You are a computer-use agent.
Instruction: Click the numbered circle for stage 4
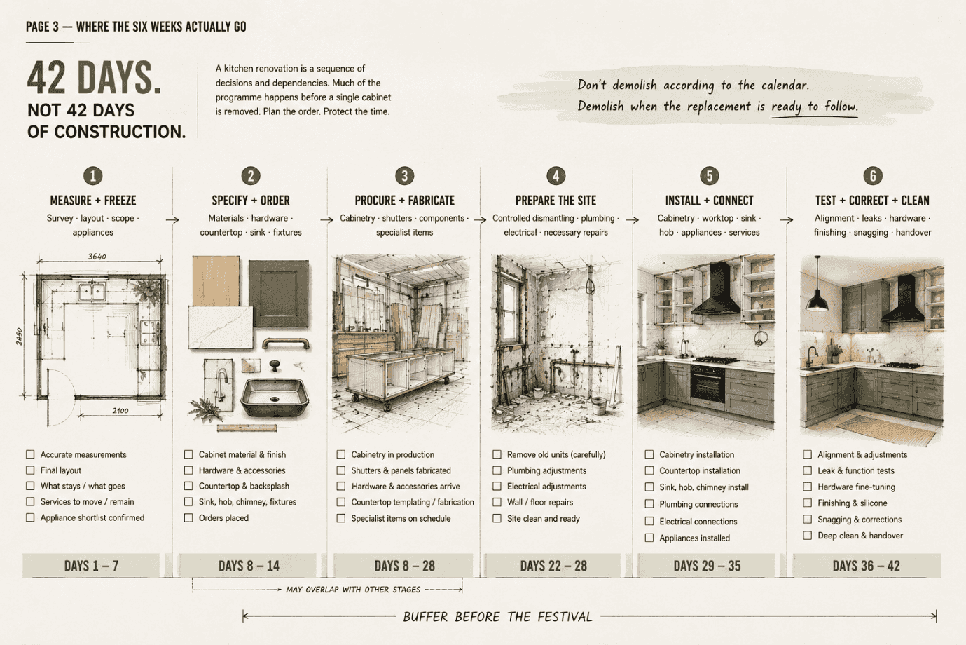pyautogui.click(x=556, y=176)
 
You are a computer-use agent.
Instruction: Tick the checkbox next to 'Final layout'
pyautogui.click(x=30, y=470)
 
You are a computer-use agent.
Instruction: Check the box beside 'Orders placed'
pyautogui.click(x=188, y=517)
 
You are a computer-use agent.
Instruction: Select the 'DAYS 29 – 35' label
pyautogui.click(x=707, y=566)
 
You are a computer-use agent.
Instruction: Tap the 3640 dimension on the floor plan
pyautogui.click(x=97, y=257)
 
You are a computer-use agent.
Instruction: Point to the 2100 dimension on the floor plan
pyautogui.click(x=120, y=411)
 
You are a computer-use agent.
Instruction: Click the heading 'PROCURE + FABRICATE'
pyautogui.click(x=404, y=201)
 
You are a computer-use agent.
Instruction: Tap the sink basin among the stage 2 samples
pyautogui.click(x=275, y=398)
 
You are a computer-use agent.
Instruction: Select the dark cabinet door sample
pyautogui.click(x=279, y=293)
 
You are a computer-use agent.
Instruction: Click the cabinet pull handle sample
pyautogui.click(x=286, y=344)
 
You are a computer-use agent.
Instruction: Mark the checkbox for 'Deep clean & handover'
pyautogui.click(x=807, y=536)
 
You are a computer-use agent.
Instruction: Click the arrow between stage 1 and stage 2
pyautogui.click(x=172, y=219)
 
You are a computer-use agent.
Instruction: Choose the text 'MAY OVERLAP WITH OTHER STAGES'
pyautogui.click(x=353, y=590)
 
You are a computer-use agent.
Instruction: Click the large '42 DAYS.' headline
pyautogui.click(x=94, y=78)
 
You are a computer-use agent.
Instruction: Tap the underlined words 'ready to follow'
pyautogui.click(x=815, y=106)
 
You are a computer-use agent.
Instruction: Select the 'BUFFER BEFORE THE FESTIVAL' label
pyautogui.click(x=497, y=617)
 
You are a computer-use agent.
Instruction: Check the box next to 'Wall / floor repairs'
pyautogui.click(x=497, y=502)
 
